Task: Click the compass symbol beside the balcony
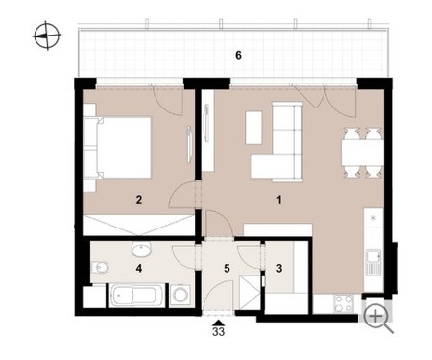click(47, 36)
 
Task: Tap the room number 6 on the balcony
click(238, 56)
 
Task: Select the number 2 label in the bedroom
click(138, 200)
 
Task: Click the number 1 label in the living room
click(279, 200)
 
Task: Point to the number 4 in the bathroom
click(139, 268)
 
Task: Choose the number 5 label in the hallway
click(227, 268)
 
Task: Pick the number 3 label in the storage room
click(279, 268)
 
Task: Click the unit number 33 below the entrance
click(218, 332)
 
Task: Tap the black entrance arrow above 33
click(218, 323)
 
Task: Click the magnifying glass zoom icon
click(378, 319)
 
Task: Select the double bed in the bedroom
click(117, 148)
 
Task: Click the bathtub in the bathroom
click(134, 296)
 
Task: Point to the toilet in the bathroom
click(100, 267)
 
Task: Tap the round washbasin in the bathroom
click(141, 250)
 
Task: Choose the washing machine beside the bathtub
click(179, 295)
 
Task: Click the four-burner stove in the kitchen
click(344, 303)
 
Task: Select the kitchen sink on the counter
click(373, 262)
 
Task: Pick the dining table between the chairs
click(362, 153)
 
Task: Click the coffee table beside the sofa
click(253, 128)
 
